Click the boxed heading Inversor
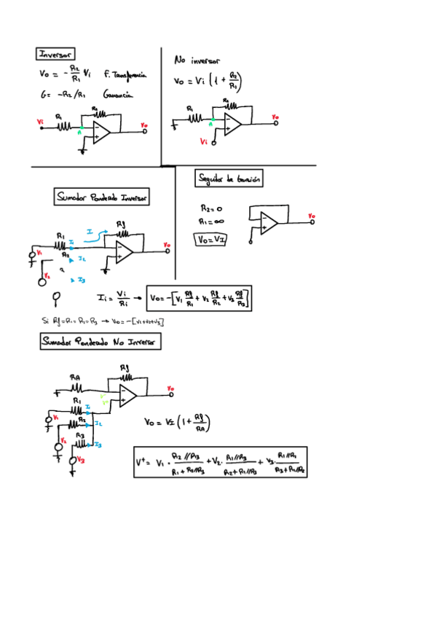coord(55,54)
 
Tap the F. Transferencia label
coord(125,74)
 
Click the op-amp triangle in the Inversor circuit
coord(100,132)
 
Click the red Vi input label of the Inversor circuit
coord(40,122)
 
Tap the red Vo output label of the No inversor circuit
coord(275,117)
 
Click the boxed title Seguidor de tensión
coord(230,178)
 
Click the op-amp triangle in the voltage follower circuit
coord(269,222)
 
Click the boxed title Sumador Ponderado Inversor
coord(102,197)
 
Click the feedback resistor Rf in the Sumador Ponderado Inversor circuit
coord(121,234)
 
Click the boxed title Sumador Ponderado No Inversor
coord(101,341)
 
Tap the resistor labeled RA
coord(74,387)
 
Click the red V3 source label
coord(80,460)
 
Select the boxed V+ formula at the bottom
coord(220,462)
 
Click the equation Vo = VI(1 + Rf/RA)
coord(177,423)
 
